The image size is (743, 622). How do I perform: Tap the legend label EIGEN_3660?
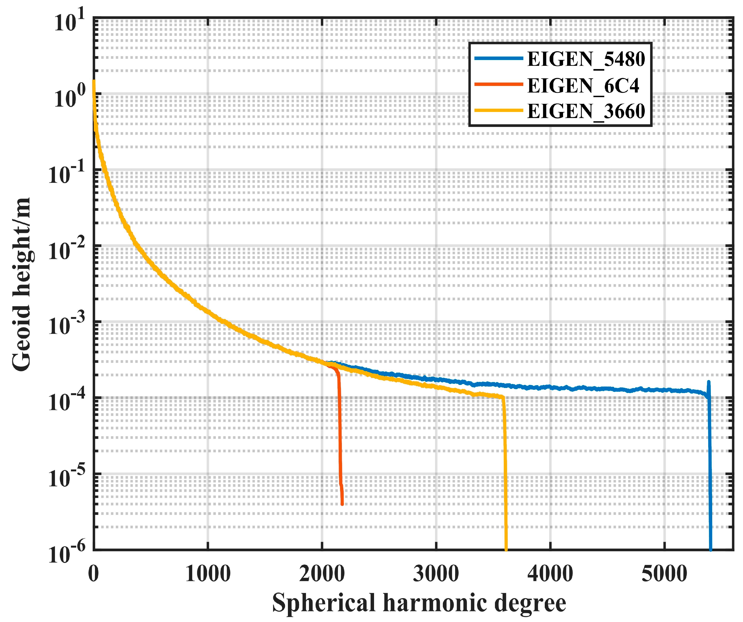coord(586,111)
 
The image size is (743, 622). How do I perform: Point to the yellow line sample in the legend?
coord(498,111)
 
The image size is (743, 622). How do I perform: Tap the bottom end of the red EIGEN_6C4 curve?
coord(342,504)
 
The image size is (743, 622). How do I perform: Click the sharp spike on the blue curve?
coord(708,382)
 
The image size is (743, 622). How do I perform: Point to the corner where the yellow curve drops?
coord(503,397)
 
